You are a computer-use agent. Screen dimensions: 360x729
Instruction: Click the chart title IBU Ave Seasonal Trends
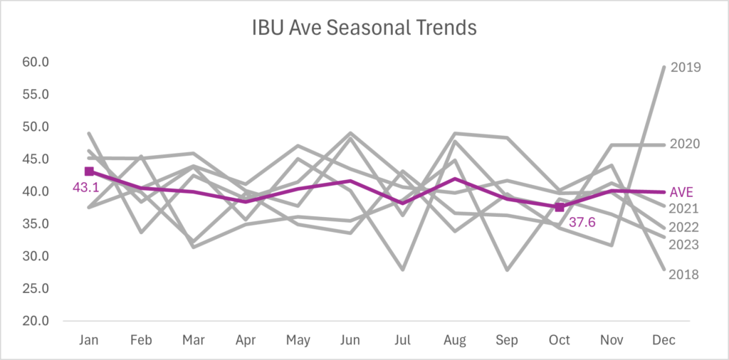pyautogui.click(x=364, y=28)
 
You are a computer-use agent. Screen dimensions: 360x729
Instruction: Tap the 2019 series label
pyautogui.click(x=686, y=68)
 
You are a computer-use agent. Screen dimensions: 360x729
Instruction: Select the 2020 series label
pyautogui.click(x=686, y=144)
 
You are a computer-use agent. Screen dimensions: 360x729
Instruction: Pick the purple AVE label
pyautogui.click(x=682, y=192)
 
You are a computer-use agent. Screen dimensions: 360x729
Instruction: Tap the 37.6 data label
pyautogui.click(x=582, y=222)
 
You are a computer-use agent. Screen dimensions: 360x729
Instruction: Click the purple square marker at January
pyautogui.click(x=89, y=171)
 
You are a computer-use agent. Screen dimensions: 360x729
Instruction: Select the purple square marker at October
pyautogui.click(x=560, y=207)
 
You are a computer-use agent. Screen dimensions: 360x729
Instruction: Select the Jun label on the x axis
pyautogui.click(x=350, y=341)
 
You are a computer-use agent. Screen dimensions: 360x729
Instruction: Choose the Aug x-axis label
pyautogui.click(x=455, y=341)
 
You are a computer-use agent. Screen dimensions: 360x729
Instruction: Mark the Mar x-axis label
pyautogui.click(x=194, y=341)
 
